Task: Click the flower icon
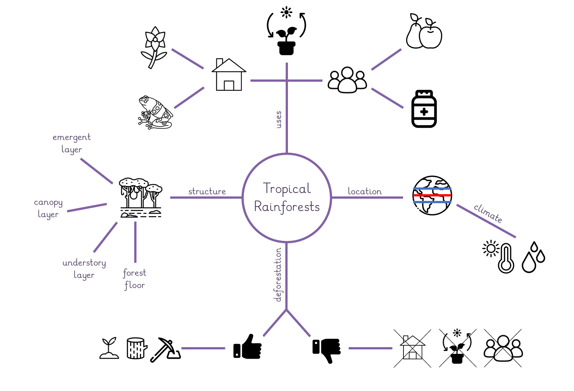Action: [154, 48]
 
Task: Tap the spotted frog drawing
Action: [155, 113]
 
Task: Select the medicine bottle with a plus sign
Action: [424, 109]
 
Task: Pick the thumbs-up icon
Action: [247, 346]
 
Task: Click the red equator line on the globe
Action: [432, 196]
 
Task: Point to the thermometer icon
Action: [506, 258]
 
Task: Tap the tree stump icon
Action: [137, 348]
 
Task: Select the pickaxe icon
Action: [165, 349]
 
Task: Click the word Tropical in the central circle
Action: [287, 189]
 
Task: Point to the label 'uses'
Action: [278, 120]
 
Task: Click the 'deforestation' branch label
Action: [277, 275]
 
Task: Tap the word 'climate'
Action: [488, 213]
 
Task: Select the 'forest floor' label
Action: [135, 279]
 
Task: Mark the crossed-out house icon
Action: [412, 348]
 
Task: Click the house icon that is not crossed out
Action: [229, 75]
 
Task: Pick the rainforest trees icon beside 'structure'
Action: [141, 198]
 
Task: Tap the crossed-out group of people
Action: [503, 348]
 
